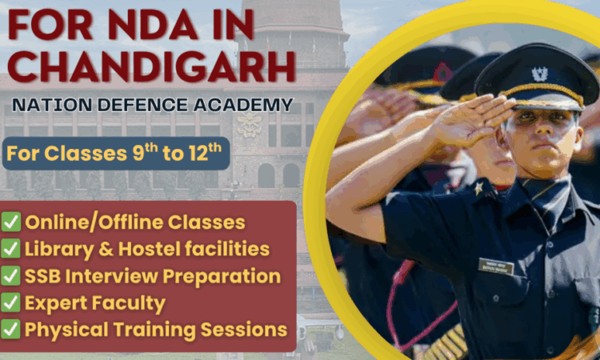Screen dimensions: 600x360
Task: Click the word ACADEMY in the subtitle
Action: click(242, 105)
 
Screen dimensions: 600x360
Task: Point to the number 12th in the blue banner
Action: click(205, 153)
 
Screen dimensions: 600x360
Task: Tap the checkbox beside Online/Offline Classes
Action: click(10, 222)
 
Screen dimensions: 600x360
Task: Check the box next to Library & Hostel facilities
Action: click(10, 249)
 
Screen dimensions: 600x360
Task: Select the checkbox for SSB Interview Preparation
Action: click(10, 276)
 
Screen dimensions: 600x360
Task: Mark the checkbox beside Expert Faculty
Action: click(10, 302)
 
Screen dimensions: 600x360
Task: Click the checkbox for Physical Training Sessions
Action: click(10, 330)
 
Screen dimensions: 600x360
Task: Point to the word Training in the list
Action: click(154, 330)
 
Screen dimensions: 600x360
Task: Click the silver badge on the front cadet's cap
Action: click(539, 74)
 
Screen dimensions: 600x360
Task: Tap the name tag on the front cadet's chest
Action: click(496, 266)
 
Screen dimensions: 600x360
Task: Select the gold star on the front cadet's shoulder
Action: click(478, 189)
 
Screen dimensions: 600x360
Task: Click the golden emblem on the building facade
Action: click(250, 124)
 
